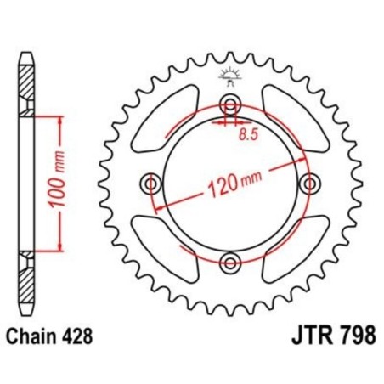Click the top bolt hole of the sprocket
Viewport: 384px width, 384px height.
pyautogui.click(x=229, y=106)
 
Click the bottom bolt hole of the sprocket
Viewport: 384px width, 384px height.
pyautogui.click(x=229, y=259)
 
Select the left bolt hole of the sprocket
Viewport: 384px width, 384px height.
pyautogui.click(x=152, y=183)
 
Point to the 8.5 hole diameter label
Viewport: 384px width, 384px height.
pyautogui.click(x=249, y=134)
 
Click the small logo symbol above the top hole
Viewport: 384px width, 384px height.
pyautogui.click(x=229, y=76)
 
